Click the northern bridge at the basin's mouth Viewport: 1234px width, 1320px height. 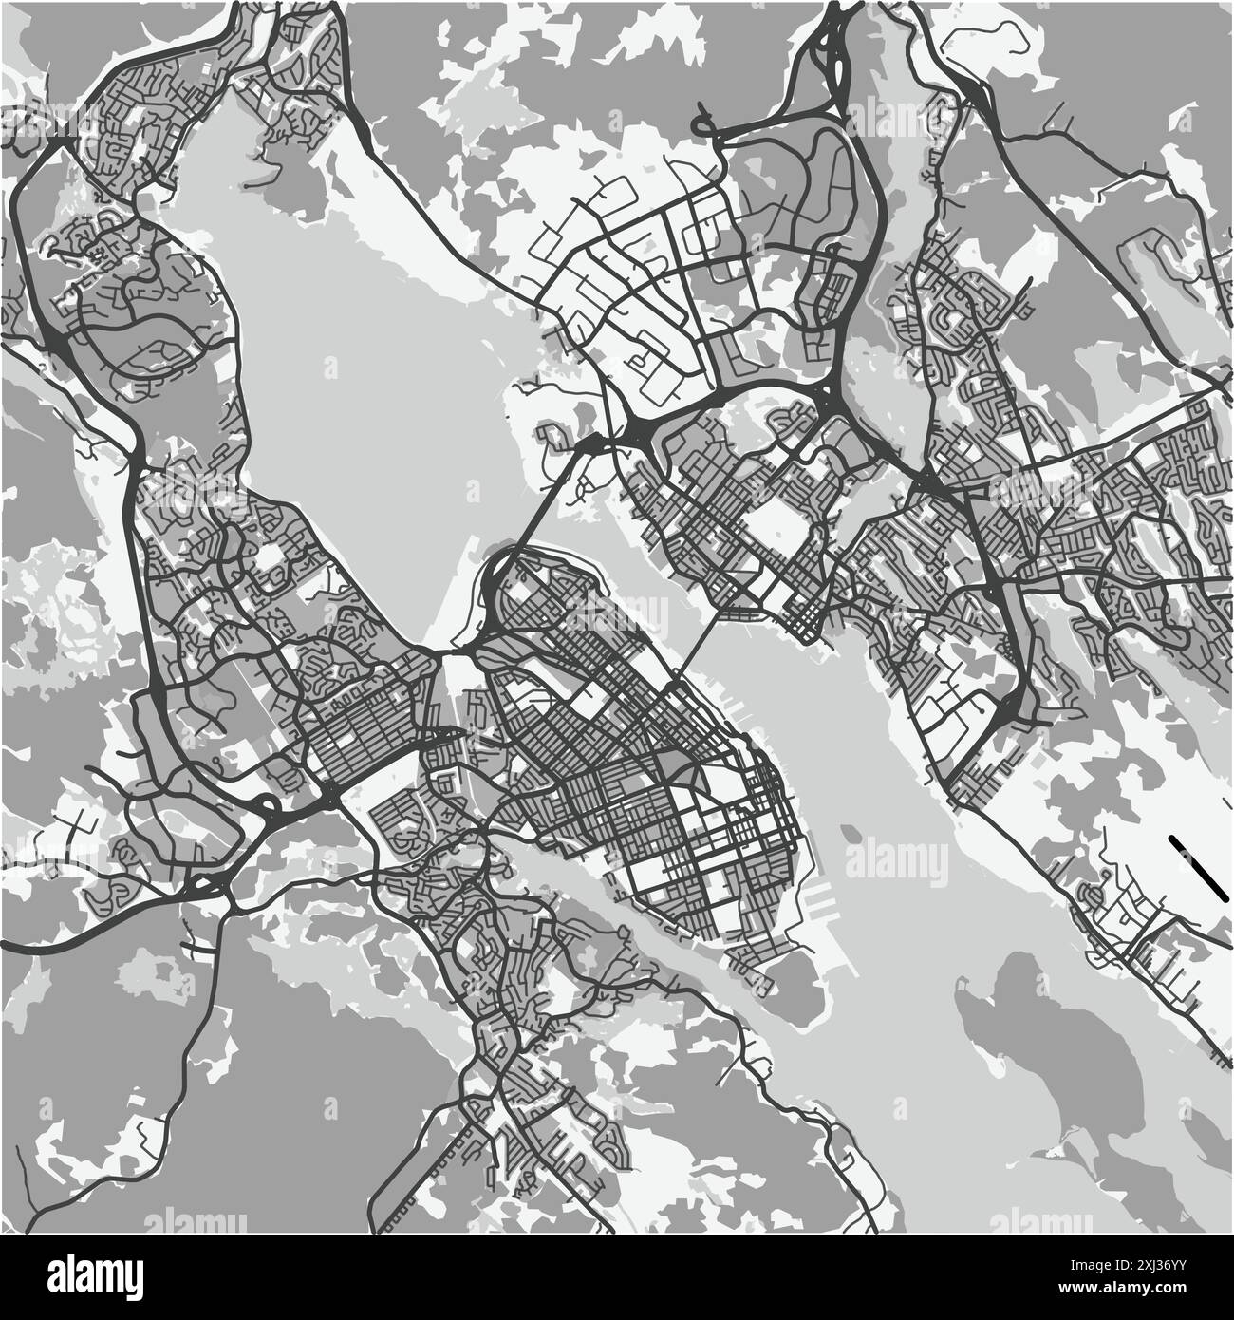(x=551, y=494)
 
